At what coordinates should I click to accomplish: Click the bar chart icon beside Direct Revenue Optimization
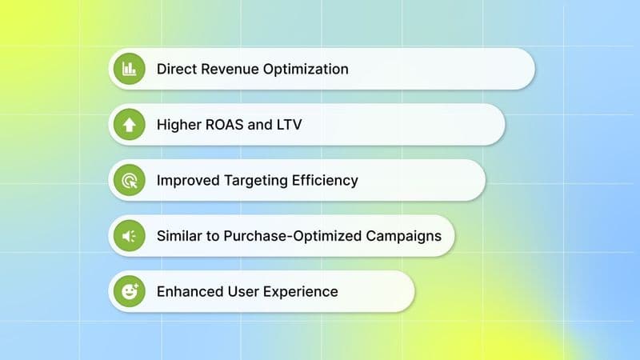(129, 69)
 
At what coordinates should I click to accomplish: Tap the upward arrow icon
(129, 124)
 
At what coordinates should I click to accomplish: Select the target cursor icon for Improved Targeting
(129, 180)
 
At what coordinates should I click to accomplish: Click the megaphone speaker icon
(129, 235)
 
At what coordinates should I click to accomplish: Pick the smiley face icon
(129, 291)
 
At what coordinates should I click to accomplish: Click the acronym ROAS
(226, 124)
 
